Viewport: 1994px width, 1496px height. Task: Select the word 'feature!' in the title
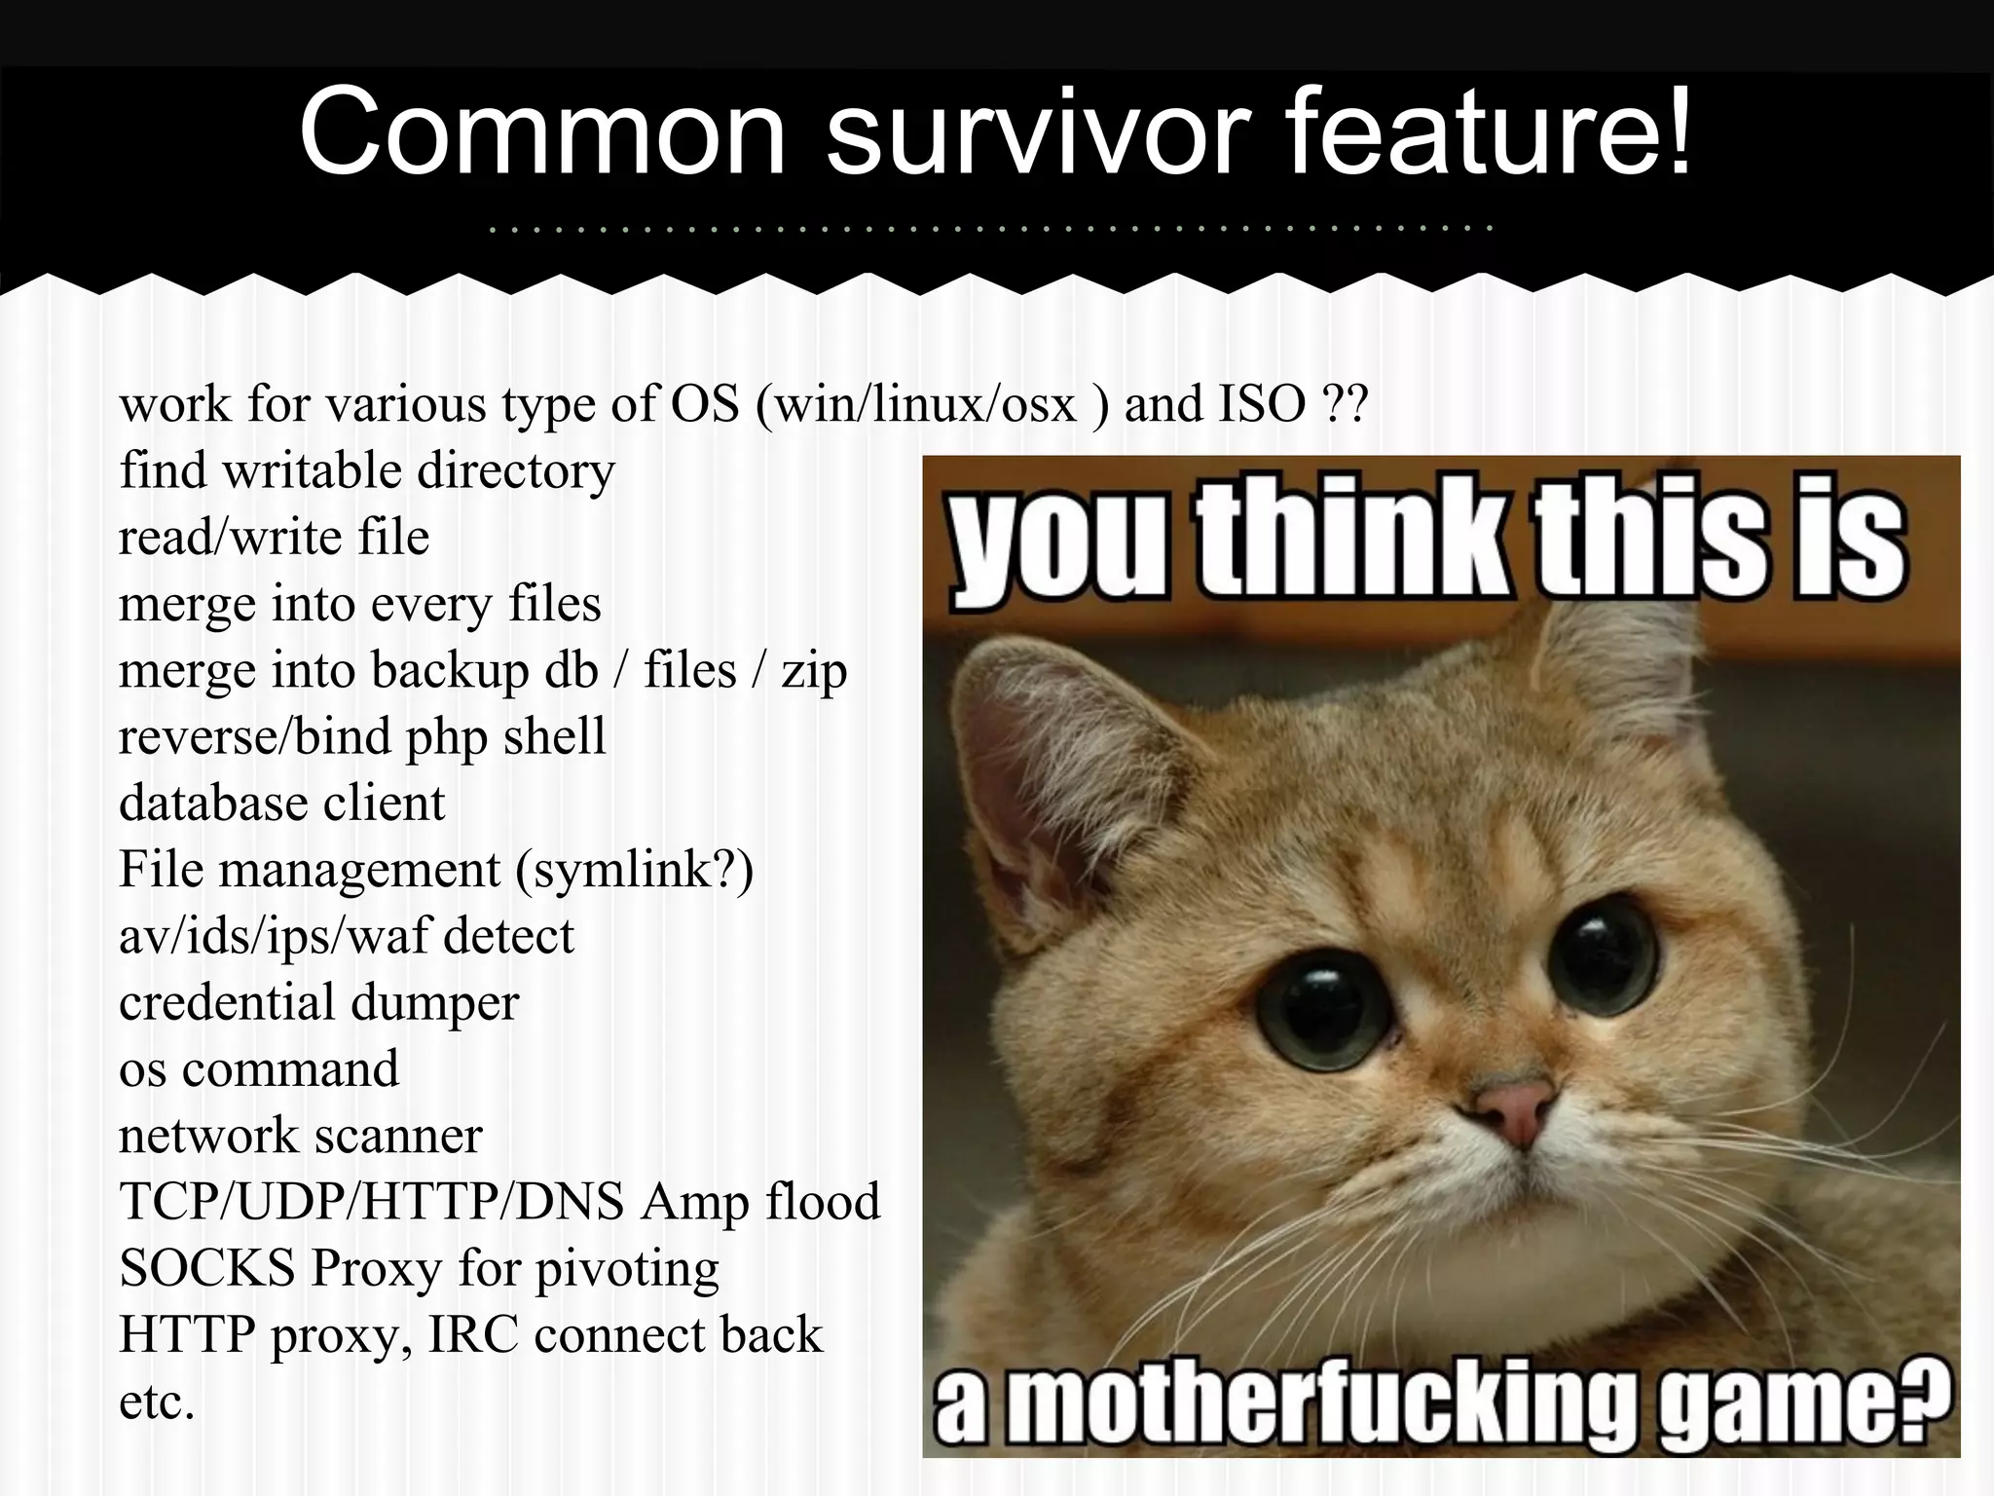(1491, 133)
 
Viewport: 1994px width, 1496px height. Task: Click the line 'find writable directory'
(367, 471)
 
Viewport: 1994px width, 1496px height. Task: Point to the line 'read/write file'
(274, 538)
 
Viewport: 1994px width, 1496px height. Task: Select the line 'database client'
(281, 804)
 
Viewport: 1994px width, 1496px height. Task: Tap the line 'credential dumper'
(318, 1003)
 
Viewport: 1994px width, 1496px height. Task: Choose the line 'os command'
(258, 1069)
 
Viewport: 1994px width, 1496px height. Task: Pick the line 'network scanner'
(300, 1136)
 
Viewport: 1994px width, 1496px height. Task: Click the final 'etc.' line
(157, 1402)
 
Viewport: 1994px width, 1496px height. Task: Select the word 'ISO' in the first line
(1262, 404)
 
